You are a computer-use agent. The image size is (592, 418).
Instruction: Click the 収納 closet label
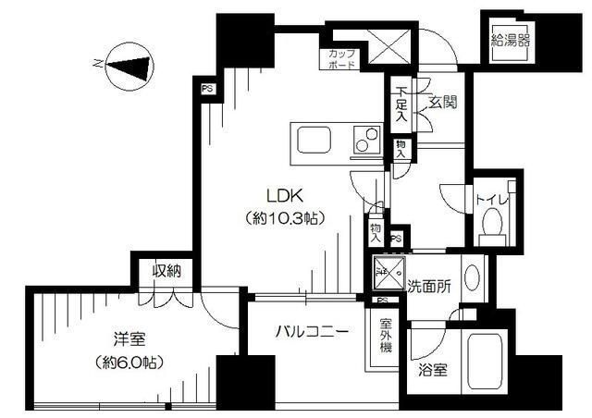tap(167, 272)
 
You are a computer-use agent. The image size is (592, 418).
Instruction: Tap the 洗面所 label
tap(429, 286)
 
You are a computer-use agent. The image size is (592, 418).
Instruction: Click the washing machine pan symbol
tap(387, 273)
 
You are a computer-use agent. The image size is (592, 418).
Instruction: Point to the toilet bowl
tap(492, 222)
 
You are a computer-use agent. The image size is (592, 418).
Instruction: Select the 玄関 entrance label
tap(442, 103)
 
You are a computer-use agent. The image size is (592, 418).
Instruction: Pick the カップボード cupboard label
tap(342, 58)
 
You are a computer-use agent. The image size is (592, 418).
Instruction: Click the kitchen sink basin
tap(313, 141)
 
